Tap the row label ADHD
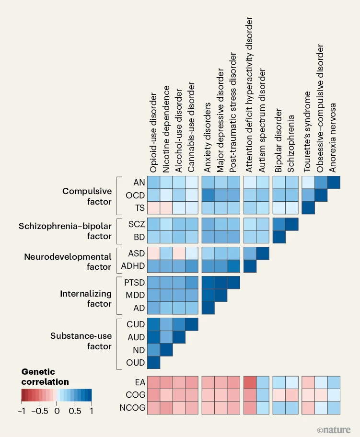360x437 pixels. tap(129, 266)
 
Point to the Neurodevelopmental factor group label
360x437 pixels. tap(68, 262)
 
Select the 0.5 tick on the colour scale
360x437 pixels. tap(74, 411)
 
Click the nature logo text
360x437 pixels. tap(334, 429)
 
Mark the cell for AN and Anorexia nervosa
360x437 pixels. tap(334, 183)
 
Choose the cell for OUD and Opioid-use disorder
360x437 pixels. tap(153, 363)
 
